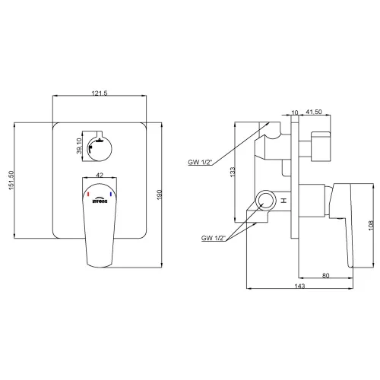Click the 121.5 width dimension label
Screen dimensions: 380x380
(x=100, y=93)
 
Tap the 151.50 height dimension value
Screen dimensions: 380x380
(x=11, y=180)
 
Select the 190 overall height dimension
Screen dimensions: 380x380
(x=160, y=195)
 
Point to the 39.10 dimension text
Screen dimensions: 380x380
(x=79, y=146)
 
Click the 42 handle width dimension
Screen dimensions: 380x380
(x=100, y=175)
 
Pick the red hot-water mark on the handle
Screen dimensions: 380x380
(x=88, y=195)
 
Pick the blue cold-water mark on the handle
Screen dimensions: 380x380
(x=111, y=195)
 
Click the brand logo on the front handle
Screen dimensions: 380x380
(x=100, y=200)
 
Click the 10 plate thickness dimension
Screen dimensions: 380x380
(x=295, y=112)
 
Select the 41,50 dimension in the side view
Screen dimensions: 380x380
(x=314, y=112)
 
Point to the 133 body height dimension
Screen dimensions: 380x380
(x=233, y=172)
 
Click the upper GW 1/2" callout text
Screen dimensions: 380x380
(x=200, y=162)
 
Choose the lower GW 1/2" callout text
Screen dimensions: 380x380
(x=214, y=238)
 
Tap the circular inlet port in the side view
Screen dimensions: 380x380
(x=265, y=199)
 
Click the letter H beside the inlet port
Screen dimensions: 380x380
(x=284, y=201)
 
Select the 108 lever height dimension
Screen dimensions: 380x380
(x=371, y=225)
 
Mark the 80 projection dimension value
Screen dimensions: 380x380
(x=326, y=275)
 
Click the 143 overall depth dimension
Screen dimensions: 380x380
(x=299, y=286)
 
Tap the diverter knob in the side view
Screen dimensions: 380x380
(x=321, y=147)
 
